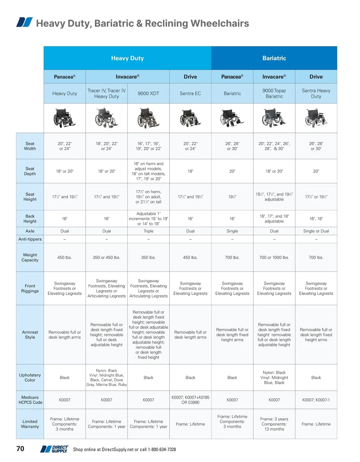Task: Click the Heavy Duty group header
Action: coord(127,58)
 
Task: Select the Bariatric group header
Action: coord(274,58)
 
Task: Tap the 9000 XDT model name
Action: coord(148,93)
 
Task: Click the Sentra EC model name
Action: coord(190,93)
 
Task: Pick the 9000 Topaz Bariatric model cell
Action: coord(274,93)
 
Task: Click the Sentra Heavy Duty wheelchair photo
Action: coord(316,118)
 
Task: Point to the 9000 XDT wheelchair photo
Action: coord(148,118)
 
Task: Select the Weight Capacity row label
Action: coord(30,257)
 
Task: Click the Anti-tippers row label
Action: coord(30,239)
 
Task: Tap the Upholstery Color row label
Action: coord(30,377)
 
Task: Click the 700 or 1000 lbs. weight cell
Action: coord(274,257)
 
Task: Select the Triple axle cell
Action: coord(148,231)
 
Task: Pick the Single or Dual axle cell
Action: coord(316,231)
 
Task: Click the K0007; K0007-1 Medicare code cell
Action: coord(316,400)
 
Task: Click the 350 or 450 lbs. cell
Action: coord(106,257)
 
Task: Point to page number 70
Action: coord(20,449)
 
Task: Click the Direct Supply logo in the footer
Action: coord(55,449)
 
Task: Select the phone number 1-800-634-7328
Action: coord(162,449)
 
